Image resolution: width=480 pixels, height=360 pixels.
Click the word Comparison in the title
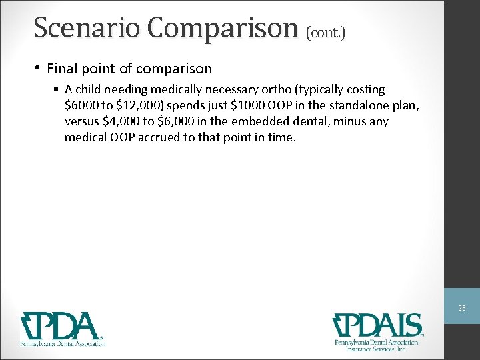pos(223,28)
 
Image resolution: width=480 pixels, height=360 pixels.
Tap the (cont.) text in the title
pos(326,31)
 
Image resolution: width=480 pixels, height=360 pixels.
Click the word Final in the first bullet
pos(62,69)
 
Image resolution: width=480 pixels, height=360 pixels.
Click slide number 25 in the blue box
pos(461,308)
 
